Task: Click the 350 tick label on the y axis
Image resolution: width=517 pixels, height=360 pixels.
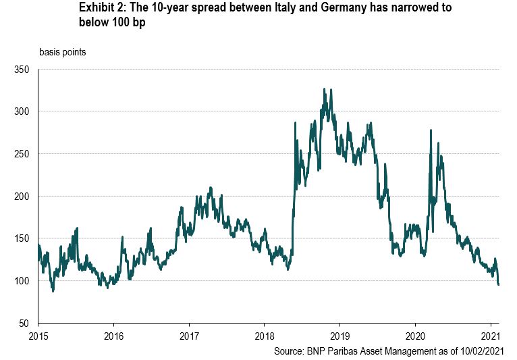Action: (x=22, y=70)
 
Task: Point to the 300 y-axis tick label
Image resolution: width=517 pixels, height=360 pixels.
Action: (x=22, y=111)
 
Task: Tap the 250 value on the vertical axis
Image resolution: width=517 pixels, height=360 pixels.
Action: (x=22, y=154)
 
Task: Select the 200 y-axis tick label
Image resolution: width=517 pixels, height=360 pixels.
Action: (x=22, y=197)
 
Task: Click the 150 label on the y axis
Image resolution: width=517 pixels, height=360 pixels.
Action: (x=22, y=238)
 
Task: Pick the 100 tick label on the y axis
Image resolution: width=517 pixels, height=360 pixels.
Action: (x=22, y=281)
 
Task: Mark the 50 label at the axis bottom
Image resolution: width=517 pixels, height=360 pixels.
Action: (x=24, y=324)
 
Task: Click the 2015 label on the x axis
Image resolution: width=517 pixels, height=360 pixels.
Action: (x=38, y=336)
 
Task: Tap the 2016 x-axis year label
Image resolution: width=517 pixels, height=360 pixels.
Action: (x=113, y=336)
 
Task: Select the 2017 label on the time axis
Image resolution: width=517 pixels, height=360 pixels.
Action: (x=189, y=336)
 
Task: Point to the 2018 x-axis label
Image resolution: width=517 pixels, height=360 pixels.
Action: (x=265, y=336)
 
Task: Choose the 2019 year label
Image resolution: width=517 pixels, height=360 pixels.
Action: (x=339, y=336)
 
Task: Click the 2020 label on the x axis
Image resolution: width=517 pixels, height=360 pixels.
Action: (x=415, y=336)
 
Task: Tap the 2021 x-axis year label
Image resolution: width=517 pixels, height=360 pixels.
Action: (x=491, y=336)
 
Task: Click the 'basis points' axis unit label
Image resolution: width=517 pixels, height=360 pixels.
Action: (x=63, y=52)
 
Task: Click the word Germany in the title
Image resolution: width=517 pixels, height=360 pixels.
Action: (x=344, y=8)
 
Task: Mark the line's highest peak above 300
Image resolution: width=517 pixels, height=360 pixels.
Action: (x=324, y=88)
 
